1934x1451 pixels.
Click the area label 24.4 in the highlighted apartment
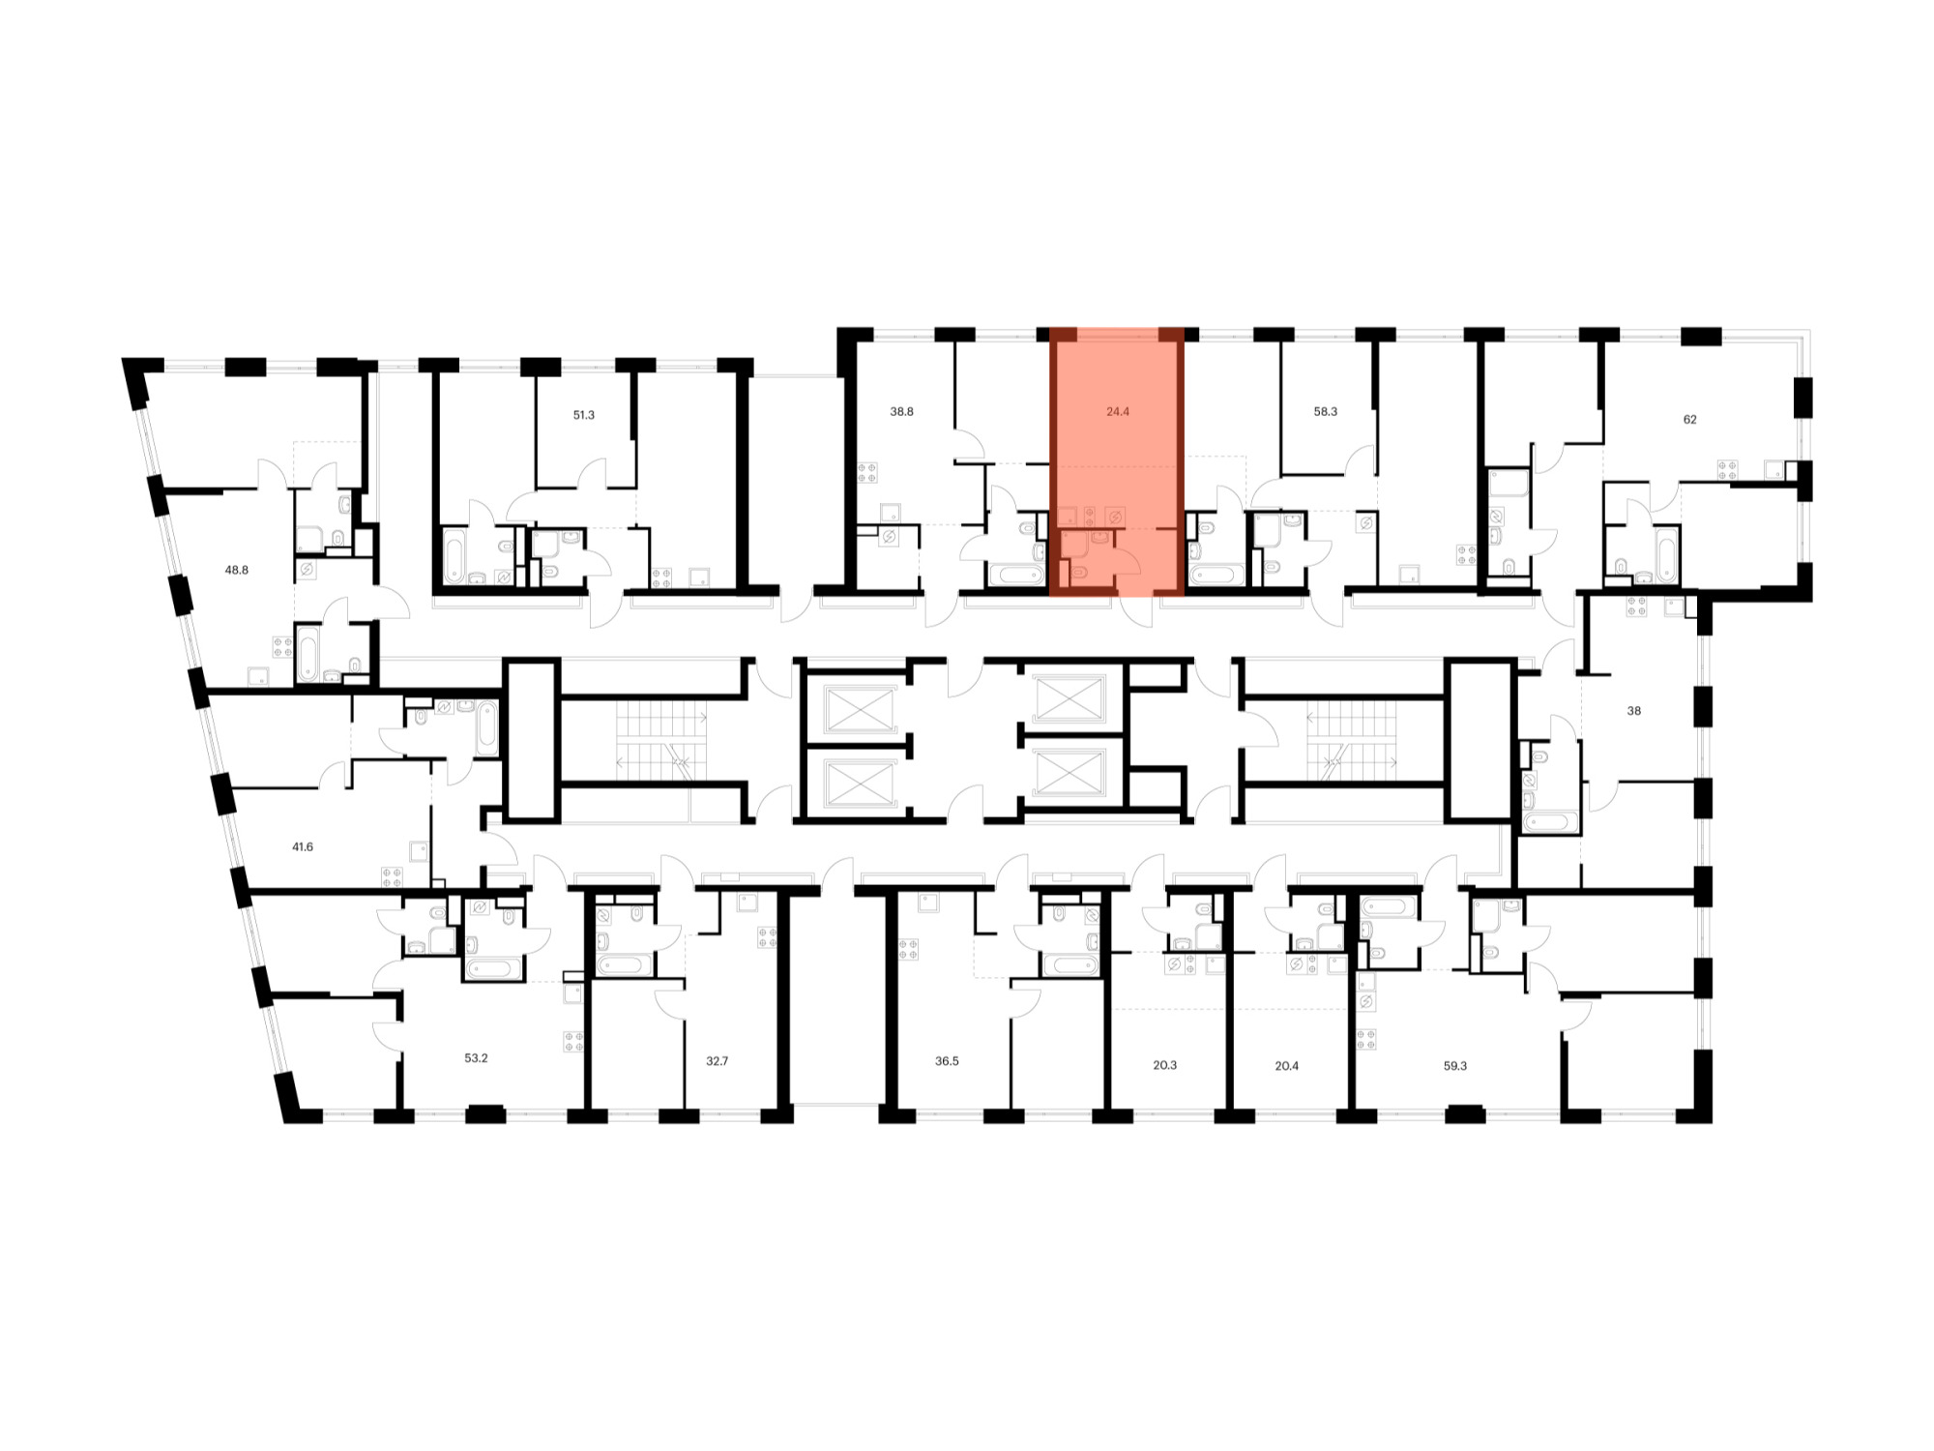click(x=1118, y=411)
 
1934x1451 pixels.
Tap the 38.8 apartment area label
click(x=901, y=411)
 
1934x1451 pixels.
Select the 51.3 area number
click(x=583, y=415)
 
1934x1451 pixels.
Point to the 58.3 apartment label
click(x=1325, y=411)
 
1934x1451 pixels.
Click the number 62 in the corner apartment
click(x=1689, y=419)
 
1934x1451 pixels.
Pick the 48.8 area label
click(x=237, y=570)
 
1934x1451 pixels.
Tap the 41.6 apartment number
click(x=303, y=846)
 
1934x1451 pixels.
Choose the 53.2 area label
click(x=476, y=1058)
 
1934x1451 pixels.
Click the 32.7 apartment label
click(x=717, y=1061)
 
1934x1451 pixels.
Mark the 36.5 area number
click(x=947, y=1061)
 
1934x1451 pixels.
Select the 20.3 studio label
click(x=1164, y=1065)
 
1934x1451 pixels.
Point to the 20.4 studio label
click(x=1286, y=1066)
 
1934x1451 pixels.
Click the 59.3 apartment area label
click(x=1454, y=1066)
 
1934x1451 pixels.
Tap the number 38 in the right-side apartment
click(x=1633, y=711)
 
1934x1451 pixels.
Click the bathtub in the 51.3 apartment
click(x=454, y=556)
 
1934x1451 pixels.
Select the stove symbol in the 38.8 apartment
click(x=867, y=473)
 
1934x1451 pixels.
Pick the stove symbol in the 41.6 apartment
click(x=392, y=877)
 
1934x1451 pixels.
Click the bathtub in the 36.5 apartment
click(x=1070, y=964)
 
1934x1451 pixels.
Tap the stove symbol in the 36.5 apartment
click(x=908, y=949)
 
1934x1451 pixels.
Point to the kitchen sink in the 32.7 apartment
click(x=747, y=903)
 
